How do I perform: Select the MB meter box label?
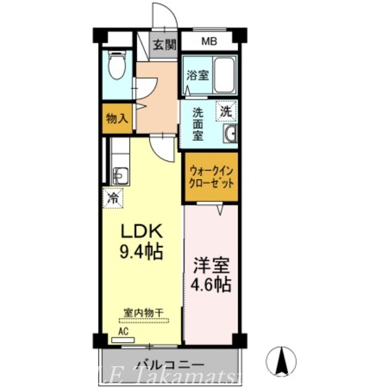coord(210,42)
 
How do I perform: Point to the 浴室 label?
coord(198,76)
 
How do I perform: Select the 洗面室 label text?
coord(198,124)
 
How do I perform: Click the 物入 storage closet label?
coord(116,118)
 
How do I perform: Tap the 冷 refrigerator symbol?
coord(113,198)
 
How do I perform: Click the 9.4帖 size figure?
coord(141,251)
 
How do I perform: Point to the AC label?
coord(123,332)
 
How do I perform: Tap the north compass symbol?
coord(281,362)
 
